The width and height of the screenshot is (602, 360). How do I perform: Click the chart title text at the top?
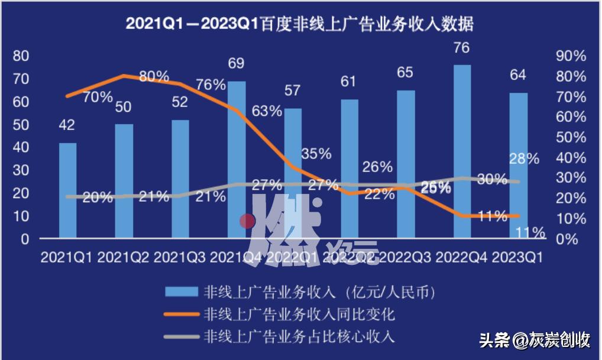300,24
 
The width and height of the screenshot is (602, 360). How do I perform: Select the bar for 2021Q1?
67,190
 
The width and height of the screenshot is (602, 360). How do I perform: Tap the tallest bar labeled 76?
462,151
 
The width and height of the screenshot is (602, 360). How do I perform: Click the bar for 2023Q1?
519,166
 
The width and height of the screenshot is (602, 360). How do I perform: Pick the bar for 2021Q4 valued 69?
237,160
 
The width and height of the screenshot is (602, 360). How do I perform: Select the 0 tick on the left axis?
25,239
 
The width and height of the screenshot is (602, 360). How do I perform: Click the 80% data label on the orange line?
154,77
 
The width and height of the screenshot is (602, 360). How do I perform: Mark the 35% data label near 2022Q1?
316,154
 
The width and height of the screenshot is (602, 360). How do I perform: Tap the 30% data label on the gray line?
492,180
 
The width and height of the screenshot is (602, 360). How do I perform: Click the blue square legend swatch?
181,291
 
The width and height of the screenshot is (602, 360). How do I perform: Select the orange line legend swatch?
181,314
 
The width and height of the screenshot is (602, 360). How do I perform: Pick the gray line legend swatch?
181,337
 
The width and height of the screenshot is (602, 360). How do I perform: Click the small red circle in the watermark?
247,222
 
